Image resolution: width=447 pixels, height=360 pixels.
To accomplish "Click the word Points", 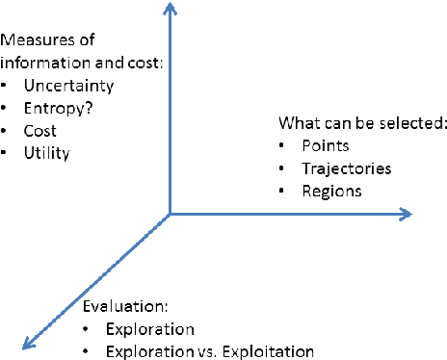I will (325, 146).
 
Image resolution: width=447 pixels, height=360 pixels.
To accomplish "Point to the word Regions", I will (332, 191).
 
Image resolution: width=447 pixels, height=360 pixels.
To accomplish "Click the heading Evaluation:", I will (125, 307).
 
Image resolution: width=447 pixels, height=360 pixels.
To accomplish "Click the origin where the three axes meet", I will (170, 214).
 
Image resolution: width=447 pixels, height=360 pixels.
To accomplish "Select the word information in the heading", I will (38, 64).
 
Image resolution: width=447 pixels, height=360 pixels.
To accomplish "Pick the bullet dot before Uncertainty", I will (8, 86).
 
